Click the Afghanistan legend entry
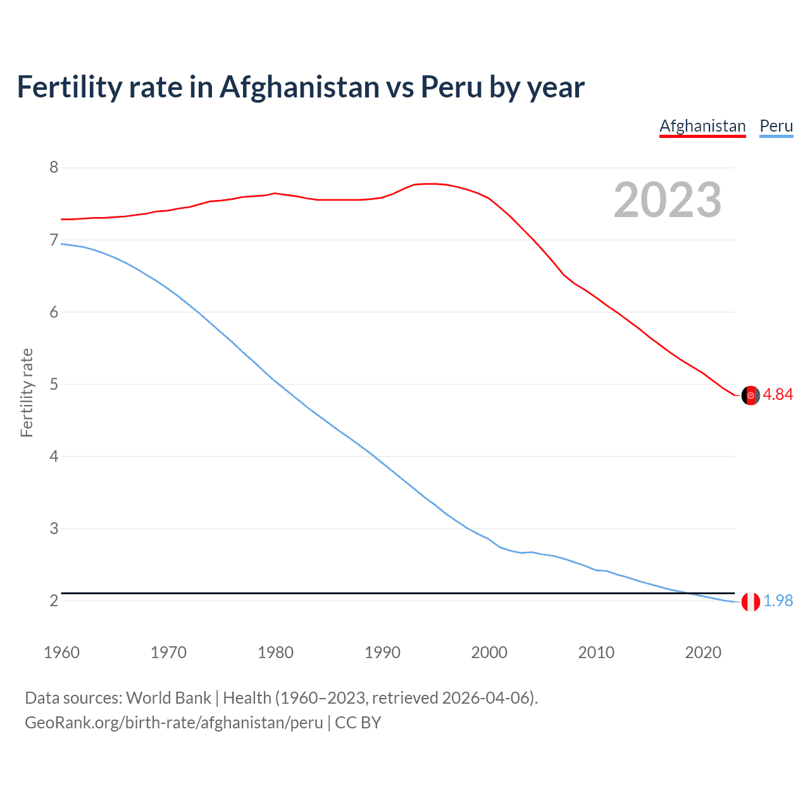click(x=702, y=126)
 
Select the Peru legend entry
click(x=776, y=126)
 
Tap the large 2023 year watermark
click(x=668, y=200)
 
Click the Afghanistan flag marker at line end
click(x=751, y=395)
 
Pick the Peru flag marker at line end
click(x=751, y=601)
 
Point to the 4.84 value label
click(x=778, y=394)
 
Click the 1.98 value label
click(x=778, y=601)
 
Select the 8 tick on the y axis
click(x=54, y=168)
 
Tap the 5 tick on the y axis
click(x=54, y=384)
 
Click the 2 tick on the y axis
click(x=54, y=601)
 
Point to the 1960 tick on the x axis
click(x=61, y=652)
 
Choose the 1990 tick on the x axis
click(x=382, y=652)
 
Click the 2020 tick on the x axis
click(x=703, y=652)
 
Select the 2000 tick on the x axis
click(x=489, y=652)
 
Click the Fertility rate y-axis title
click(x=27, y=392)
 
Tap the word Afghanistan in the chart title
click(x=299, y=87)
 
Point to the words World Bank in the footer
click(x=168, y=698)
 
